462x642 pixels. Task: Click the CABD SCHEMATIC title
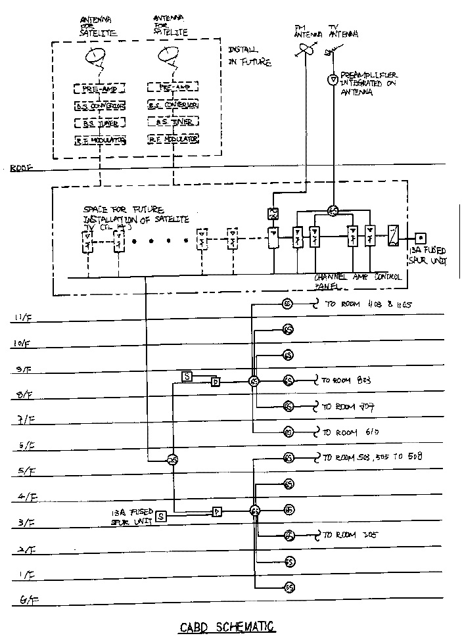click(x=227, y=627)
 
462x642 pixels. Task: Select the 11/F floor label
click(x=21, y=319)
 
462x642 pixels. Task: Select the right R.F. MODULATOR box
click(x=173, y=139)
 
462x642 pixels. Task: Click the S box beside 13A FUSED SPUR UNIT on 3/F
click(x=162, y=516)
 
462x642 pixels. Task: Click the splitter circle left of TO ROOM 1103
click(x=287, y=304)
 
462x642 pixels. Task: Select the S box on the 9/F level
click(x=187, y=376)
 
